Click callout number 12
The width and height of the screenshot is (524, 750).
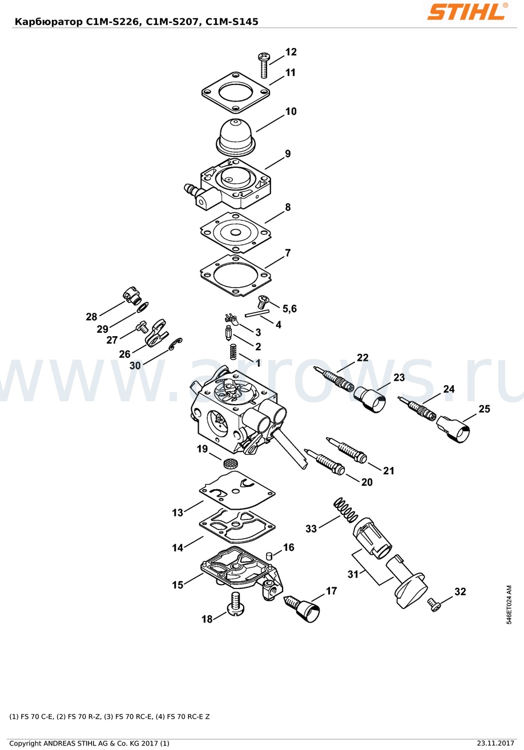[291, 52]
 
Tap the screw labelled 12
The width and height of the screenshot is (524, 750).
[264, 65]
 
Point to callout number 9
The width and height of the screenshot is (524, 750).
[288, 154]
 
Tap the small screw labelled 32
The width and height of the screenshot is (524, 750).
[434, 605]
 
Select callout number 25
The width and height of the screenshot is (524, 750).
[484, 409]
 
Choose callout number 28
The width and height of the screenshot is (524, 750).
[91, 317]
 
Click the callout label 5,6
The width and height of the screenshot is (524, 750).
[289, 308]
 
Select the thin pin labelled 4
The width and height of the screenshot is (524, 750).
[257, 313]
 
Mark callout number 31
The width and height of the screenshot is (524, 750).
[353, 574]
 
